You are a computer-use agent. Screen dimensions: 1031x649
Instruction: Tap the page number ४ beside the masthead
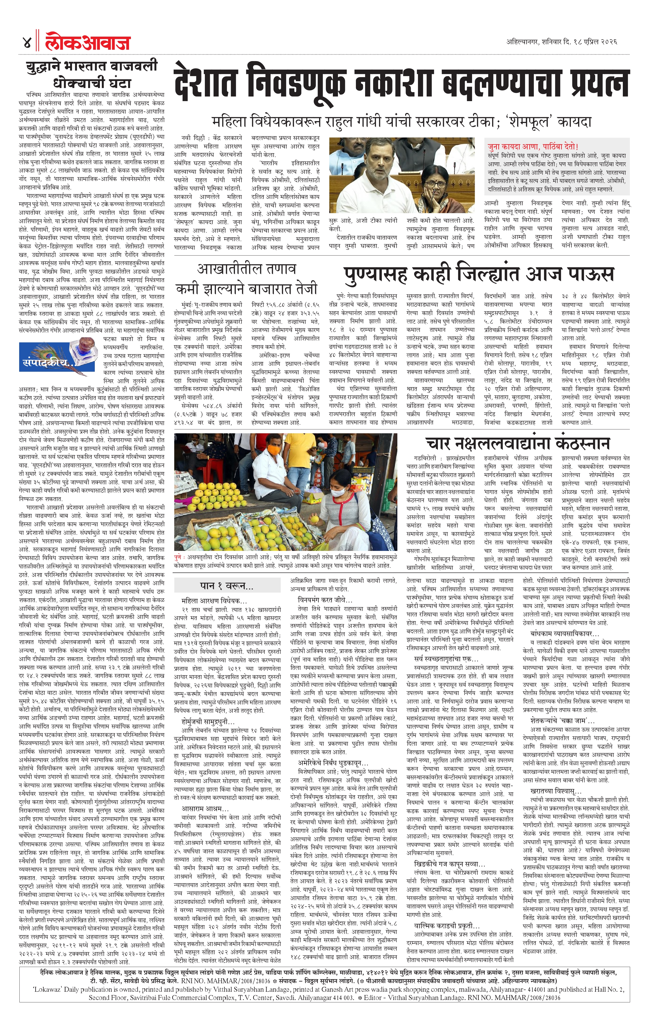coord(26,42)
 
